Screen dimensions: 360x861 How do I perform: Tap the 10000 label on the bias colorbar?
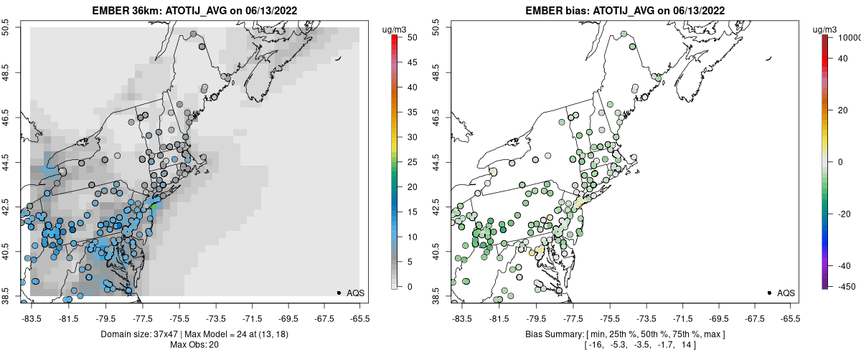click(x=850, y=37)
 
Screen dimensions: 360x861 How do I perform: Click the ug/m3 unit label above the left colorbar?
click(x=396, y=29)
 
